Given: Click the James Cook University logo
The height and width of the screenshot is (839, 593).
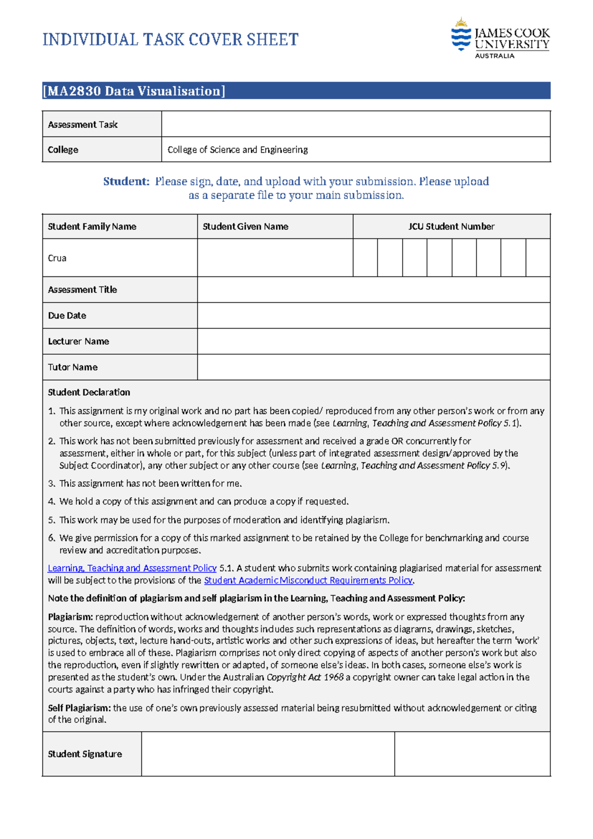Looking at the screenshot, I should coord(500,39).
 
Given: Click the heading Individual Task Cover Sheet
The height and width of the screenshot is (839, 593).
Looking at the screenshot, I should coord(170,40).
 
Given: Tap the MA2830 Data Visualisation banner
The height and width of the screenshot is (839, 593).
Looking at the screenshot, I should coord(296,91).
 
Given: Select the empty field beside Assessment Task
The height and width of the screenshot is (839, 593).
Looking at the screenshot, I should coord(356,124).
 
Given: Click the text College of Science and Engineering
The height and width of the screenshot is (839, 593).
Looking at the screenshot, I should coord(238,149).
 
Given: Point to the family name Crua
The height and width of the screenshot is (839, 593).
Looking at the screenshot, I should coord(57,258).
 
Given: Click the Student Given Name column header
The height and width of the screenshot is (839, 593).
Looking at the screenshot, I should coord(246,227).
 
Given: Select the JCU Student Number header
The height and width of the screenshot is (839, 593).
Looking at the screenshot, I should coord(451,227).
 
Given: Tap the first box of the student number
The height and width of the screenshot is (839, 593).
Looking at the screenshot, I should coord(365,258).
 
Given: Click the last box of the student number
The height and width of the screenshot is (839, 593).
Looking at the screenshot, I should coord(538,258).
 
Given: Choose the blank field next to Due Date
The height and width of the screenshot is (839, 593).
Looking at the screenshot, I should coord(374,316).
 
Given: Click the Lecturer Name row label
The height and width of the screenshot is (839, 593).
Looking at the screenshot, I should coord(79,341).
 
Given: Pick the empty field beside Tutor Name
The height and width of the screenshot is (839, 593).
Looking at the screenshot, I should coord(374,367).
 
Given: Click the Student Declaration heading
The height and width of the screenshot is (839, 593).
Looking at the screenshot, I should coord(89,392).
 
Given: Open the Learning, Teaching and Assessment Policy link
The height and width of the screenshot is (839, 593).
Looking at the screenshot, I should coord(132,568).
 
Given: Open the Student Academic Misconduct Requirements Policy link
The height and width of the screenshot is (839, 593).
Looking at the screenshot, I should coord(308,580).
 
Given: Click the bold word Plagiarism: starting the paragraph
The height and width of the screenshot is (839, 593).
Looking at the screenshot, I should coord(70,617).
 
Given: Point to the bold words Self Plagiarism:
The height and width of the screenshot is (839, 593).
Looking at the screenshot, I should coord(79,708).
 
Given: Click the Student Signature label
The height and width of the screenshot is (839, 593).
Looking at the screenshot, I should coord(85,754).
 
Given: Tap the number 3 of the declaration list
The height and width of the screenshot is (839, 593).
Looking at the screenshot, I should coord(51,484).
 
